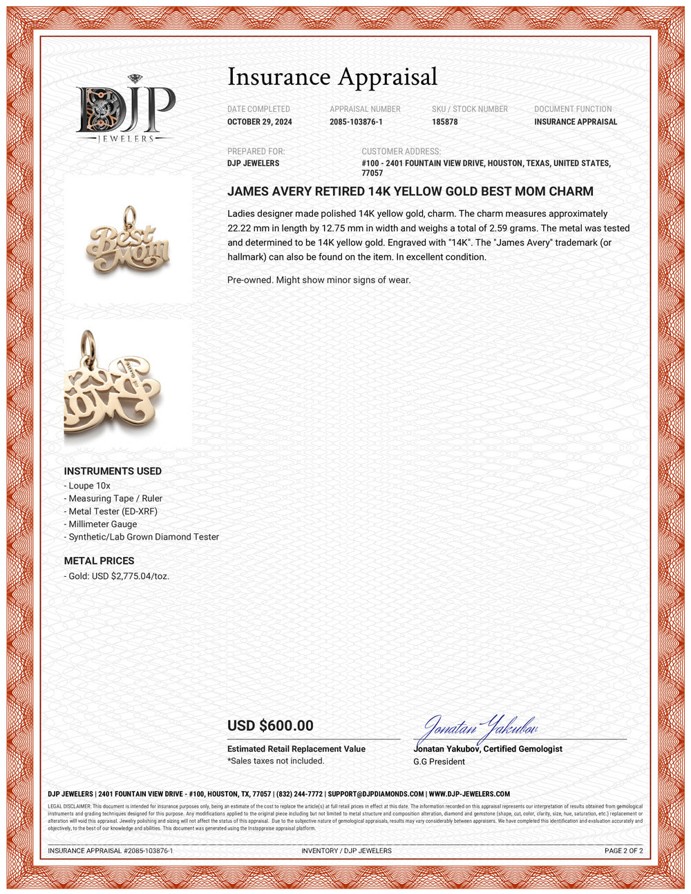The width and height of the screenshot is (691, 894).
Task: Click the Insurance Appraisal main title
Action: (332, 77)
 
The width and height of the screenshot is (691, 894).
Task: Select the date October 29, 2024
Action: (260, 122)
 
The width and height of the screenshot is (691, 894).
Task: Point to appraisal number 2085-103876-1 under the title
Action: (356, 122)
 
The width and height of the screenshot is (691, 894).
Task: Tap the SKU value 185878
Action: (445, 122)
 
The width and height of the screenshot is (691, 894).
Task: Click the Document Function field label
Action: (573, 109)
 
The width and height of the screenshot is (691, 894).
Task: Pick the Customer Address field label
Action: (401, 151)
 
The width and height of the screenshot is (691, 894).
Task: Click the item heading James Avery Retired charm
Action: (410, 191)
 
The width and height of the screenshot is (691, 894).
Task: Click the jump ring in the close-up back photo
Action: (88, 344)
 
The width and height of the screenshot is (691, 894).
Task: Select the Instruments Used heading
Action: (113, 471)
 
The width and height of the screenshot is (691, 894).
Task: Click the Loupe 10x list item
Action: (89, 486)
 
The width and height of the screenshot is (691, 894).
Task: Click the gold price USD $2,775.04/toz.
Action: (118, 576)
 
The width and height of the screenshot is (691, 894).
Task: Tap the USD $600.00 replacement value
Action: (270, 725)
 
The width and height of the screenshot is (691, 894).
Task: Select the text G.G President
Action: (439, 761)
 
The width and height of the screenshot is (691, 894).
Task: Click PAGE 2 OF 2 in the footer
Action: (623, 850)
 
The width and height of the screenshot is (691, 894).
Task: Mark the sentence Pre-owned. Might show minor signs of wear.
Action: (319, 280)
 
